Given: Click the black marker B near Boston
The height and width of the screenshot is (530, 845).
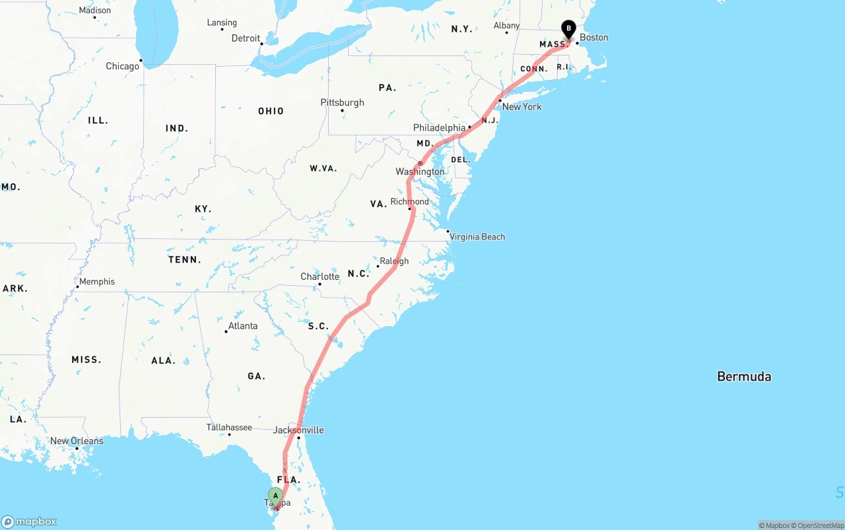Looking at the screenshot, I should pyautogui.click(x=568, y=29).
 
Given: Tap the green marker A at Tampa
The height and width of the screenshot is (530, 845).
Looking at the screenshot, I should pyautogui.click(x=275, y=496).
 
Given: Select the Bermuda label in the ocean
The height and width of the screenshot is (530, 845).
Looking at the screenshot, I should pyautogui.click(x=744, y=377).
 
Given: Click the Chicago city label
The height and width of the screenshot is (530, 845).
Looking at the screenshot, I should pyautogui.click(x=123, y=66).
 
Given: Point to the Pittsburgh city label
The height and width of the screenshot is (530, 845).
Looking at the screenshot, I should pyautogui.click(x=342, y=102).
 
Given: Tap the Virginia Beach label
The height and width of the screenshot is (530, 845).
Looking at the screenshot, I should pyautogui.click(x=477, y=237).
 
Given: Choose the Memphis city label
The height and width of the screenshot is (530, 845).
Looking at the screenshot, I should pyautogui.click(x=97, y=282).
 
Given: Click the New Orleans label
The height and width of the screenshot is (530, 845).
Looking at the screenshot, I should pyautogui.click(x=77, y=441).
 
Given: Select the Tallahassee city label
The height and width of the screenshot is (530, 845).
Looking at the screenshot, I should pyautogui.click(x=229, y=427).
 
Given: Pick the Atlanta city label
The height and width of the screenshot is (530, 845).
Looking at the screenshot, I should pyautogui.click(x=243, y=326).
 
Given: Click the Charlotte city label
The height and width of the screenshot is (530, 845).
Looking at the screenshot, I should pyautogui.click(x=320, y=277).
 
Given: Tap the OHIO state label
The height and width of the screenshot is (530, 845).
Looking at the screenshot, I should pyautogui.click(x=271, y=111).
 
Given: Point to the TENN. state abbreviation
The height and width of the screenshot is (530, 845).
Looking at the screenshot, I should pyautogui.click(x=185, y=260).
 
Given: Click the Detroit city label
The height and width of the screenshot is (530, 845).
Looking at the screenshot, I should pyautogui.click(x=246, y=38).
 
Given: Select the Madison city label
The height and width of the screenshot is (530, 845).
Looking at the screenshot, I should pyautogui.click(x=95, y=11).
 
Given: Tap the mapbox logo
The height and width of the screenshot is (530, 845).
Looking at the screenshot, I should pyautogui.click(x=29, y=521).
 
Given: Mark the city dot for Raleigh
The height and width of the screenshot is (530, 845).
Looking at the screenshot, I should pyautogui.click(x=378, y=266).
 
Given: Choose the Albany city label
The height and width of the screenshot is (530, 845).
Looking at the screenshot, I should pyautogui.click(x=506, y=26).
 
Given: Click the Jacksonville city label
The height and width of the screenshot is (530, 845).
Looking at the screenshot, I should pyautogui.click(x=298, y=430).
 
